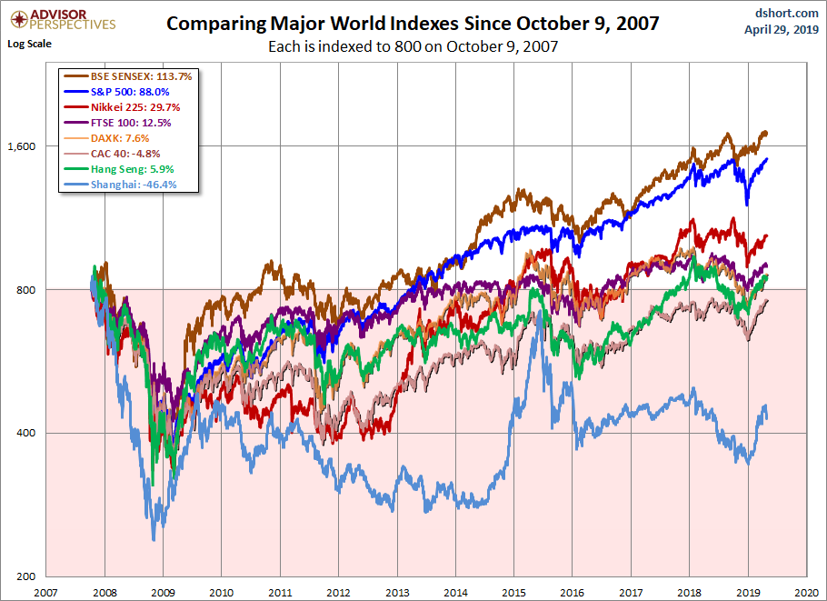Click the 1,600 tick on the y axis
pyautogui.click(x=19, y=146)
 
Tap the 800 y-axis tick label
pyautogui.click(x=24, y=290)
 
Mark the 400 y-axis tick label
pyautogui.click(x=24, y=433)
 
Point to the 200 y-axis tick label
pyautogui.click(x=24, y=576)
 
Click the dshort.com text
pyautogui.click(x=782, y=12)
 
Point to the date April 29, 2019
pyautogui.click(x=782, y=29)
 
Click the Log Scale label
pyautogui.click(x=29, y=43)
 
